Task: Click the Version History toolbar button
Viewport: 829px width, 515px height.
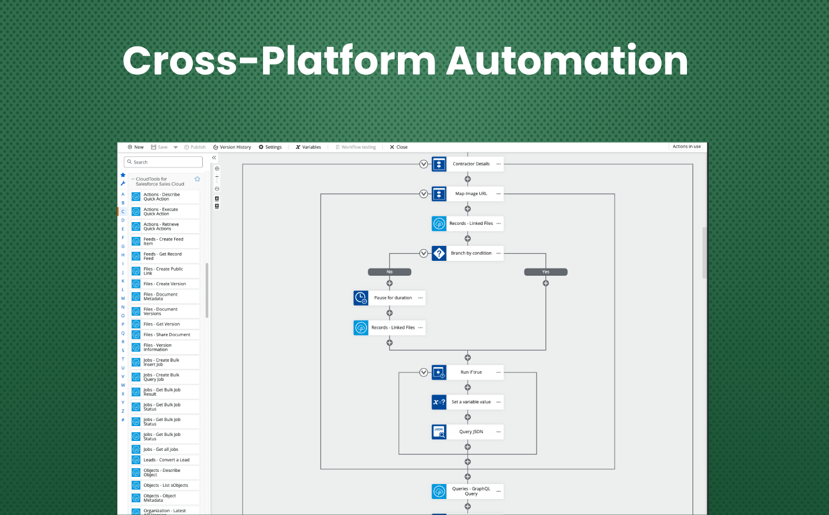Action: click(x=232, y=147)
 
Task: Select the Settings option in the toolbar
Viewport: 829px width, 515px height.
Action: click(x=270, y=147)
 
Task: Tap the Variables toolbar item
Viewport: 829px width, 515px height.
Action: click(x=308, y=147)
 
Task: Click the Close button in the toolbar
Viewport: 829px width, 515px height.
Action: click(x=398, y=147)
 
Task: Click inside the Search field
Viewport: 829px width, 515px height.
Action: click(x=164, y=162)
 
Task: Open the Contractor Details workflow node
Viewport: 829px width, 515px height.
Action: click(x=471, y=164)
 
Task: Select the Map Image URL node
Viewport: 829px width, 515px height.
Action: click(x=471, y=194)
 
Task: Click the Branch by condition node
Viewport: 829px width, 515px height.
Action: click(x=471, y=254)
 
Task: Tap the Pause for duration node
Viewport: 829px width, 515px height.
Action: click(x=393, y=298)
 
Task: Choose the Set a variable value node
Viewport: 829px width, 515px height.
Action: click(x=471, y=402)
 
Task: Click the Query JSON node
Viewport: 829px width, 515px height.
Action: click(x=471, y=432)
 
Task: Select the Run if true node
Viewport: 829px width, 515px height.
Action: click(x=471, y=372)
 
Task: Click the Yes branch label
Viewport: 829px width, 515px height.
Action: click(x=545, y=272)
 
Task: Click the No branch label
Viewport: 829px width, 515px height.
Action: click(x=390, y=272)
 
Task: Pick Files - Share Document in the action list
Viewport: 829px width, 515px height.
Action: click(x=166, y=335)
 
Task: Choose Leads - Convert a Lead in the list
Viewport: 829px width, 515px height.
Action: click(x=166, y=460)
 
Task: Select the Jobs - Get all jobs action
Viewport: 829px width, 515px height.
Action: click(x=161, y=449)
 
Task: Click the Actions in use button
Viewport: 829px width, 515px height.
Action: click(x=686, y=147)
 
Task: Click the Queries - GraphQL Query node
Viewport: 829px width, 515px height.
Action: click(x=471, y=491)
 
